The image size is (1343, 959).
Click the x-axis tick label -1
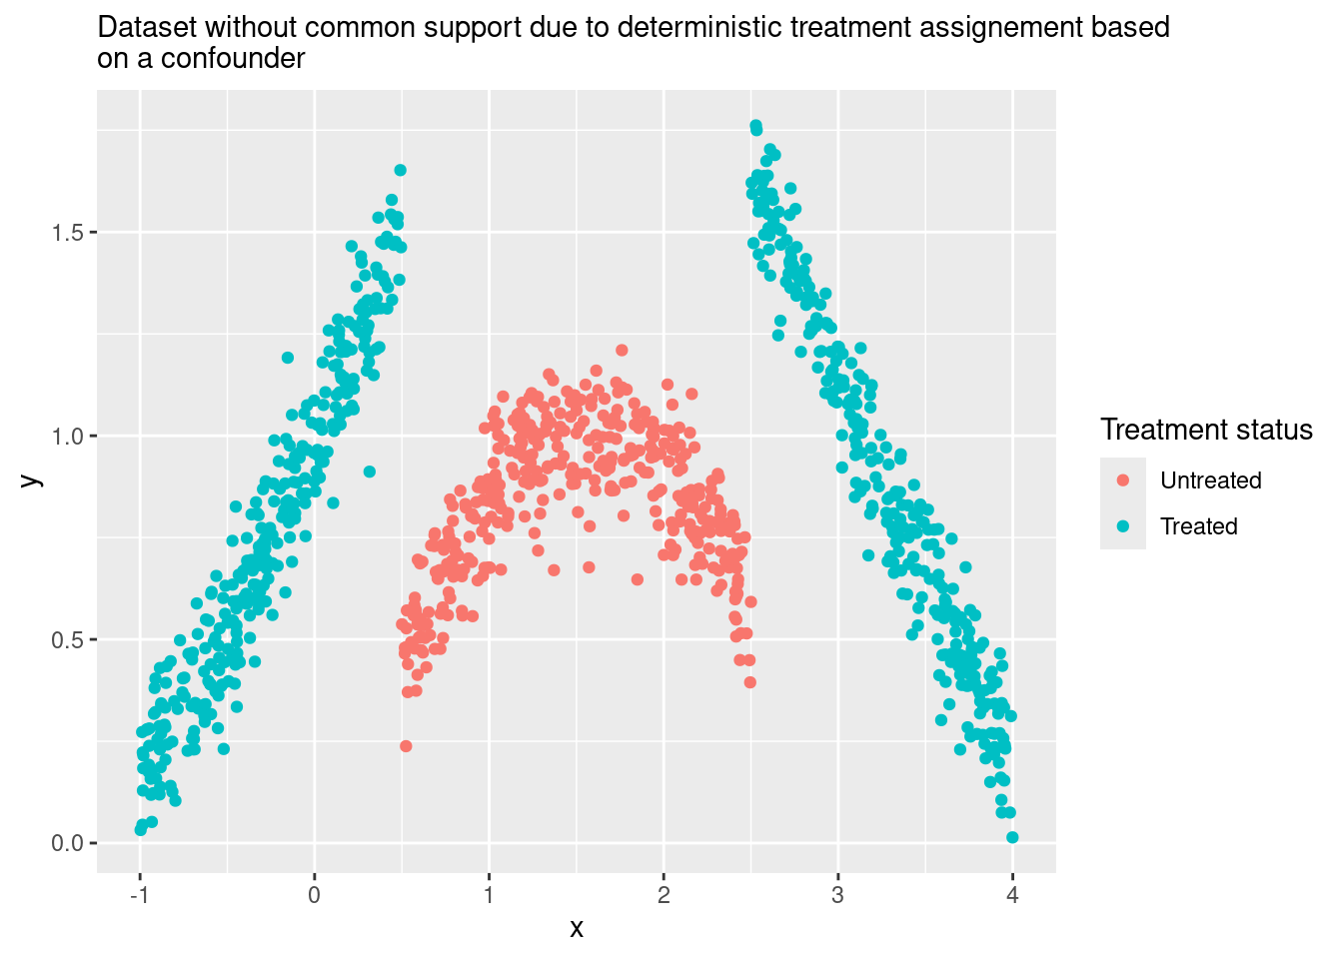(140, 895)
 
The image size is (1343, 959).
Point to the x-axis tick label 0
(314, 895)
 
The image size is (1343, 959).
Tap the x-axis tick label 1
(489, 895)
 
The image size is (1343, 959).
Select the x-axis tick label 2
(664, 895)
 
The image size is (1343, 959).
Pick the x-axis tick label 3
(837, 895)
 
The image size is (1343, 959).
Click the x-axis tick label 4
(1012, 895)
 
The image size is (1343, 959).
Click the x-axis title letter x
(577, 929)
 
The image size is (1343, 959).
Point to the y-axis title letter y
(32, 480)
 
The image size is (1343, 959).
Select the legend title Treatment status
(1206, 430)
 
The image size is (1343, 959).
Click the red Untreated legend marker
(1123, 480)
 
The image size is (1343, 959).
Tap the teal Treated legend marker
(1123, 526)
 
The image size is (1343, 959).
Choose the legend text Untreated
(1210, 480)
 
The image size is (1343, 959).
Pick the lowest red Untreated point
(406, 746)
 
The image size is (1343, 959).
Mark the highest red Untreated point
(622, 350)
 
